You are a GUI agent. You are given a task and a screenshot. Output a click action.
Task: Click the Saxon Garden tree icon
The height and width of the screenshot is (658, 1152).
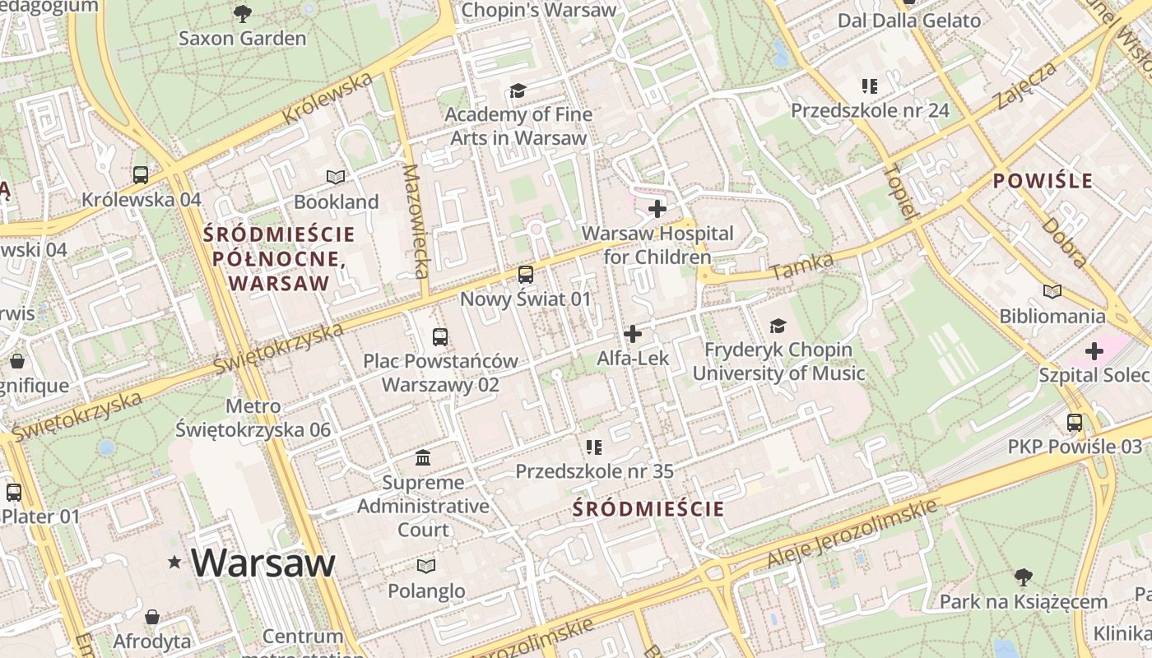242,13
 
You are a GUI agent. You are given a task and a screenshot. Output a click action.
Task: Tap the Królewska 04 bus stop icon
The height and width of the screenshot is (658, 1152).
141,174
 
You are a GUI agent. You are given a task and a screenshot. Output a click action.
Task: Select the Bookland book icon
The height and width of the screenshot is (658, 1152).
336,177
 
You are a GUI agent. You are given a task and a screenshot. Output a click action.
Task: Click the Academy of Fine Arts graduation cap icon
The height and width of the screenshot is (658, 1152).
518,90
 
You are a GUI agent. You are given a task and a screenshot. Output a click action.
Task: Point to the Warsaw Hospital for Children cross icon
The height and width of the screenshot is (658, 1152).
657,209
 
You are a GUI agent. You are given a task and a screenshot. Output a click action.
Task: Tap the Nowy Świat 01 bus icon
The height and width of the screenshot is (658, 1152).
525,274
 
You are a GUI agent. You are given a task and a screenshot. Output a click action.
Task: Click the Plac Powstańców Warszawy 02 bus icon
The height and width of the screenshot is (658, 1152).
440,336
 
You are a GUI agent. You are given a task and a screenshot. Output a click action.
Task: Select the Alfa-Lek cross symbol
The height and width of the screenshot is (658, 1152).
633,334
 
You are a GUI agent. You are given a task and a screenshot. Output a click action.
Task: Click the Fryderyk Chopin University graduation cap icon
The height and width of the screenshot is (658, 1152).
778,326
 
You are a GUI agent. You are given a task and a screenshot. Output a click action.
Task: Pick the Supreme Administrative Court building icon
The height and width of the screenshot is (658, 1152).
423,457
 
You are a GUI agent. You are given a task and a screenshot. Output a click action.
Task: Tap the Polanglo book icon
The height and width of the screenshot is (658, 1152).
425,566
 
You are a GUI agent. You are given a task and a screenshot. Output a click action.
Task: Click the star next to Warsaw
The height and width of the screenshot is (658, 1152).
174,563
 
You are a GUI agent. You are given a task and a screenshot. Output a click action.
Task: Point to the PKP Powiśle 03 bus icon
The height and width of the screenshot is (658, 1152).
1075,423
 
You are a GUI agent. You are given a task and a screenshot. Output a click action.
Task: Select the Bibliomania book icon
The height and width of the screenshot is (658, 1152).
1052,291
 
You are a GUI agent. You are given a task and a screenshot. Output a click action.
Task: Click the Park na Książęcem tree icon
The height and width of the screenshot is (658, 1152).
1023,577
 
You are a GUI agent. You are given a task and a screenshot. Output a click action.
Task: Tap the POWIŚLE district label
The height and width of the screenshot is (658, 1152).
1043,181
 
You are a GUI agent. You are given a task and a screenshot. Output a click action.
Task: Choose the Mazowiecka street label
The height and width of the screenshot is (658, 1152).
417,220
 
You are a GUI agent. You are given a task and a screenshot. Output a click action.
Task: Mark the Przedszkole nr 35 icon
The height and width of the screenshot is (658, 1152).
593,447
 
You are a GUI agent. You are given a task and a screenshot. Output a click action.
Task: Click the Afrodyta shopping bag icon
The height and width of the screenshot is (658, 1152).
152,617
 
